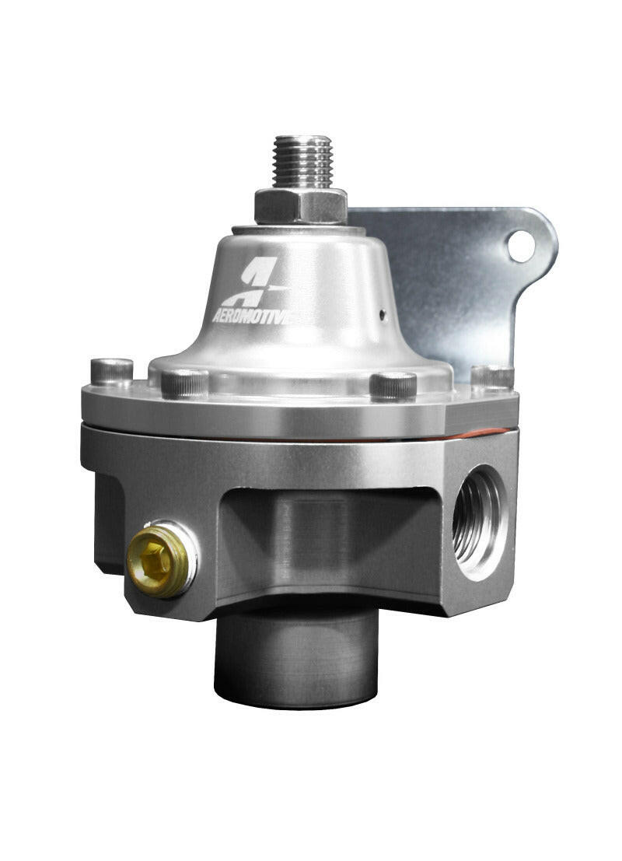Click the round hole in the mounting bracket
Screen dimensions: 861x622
click(x=521, y=247)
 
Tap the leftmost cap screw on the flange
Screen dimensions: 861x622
click(x=111, y=371)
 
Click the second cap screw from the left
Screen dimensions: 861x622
click(x=184, y=382)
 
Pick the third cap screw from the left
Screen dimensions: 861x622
click(x=393, y=385)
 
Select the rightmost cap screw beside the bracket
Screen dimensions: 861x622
click(x=491, y=376)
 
